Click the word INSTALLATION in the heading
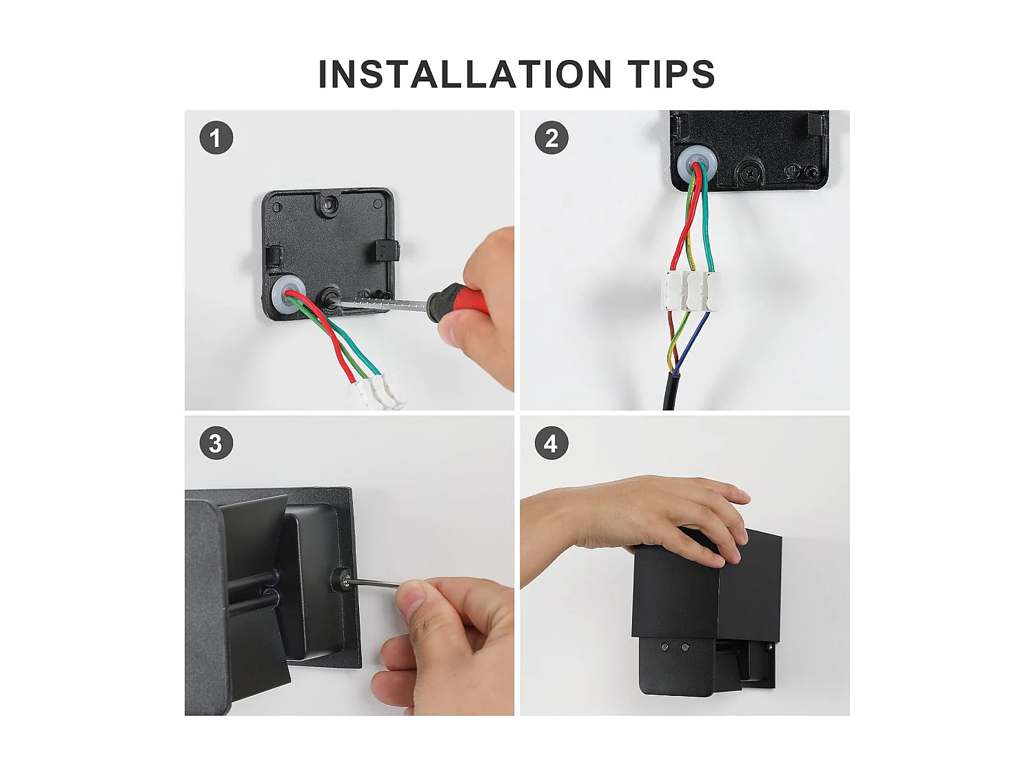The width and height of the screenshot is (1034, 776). [465, 74]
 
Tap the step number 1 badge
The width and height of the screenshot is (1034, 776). [216, 137]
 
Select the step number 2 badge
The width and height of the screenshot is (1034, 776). [551, 137]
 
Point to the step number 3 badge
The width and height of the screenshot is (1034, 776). [216, 444]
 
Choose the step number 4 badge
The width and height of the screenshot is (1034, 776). [551, 444]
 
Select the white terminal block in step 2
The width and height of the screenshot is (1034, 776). [690, 291]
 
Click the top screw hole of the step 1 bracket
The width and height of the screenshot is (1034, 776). [328, 203]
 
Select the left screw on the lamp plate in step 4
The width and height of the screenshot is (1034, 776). [665, 648]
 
